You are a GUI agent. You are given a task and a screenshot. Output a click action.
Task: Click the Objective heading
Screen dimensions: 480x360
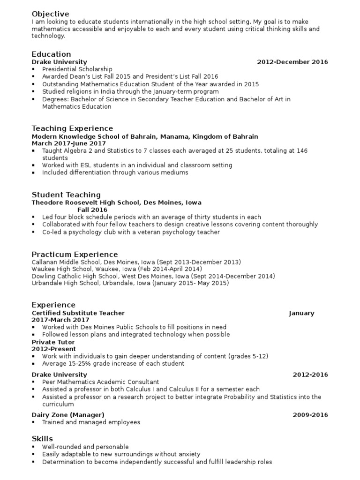click(x=50, y=14)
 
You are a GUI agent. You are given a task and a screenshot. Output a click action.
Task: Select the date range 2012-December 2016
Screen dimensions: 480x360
click(x=292, y=62)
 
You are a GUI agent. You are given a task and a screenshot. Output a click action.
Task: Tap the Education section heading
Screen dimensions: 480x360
click(x=51, y=54)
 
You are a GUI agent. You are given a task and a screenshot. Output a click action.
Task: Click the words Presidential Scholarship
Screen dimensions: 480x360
click(x=77, y=69)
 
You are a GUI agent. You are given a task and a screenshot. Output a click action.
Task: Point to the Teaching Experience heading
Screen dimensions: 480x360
click(x=72, y=128)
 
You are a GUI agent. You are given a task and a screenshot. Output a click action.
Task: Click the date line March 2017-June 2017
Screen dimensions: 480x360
click(x=69, y=143)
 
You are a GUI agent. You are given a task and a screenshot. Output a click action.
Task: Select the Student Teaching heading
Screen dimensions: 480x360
click(x=66, y=195)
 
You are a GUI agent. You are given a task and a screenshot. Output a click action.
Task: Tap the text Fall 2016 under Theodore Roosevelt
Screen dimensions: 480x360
click(x=92, y=210)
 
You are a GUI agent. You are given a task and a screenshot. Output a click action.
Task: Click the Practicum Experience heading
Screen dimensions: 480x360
click(x=75, y=255)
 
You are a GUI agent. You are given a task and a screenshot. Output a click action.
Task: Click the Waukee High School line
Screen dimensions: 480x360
click(x=117, y=270)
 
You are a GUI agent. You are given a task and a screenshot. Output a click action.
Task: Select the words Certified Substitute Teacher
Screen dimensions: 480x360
click(x=78, y=313)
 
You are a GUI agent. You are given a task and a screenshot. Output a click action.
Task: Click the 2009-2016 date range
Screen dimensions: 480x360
click(x=310, y=415)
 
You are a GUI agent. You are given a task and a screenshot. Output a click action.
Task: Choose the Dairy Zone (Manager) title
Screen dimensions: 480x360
click(x=68, y=415)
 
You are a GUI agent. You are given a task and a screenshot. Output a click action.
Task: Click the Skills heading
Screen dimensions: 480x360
click(x=42, y=439)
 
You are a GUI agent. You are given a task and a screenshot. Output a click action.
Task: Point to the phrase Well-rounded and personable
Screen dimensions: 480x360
click(x=85, y=447)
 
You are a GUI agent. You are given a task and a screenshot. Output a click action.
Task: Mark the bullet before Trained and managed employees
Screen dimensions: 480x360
click(x=34, y=422)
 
